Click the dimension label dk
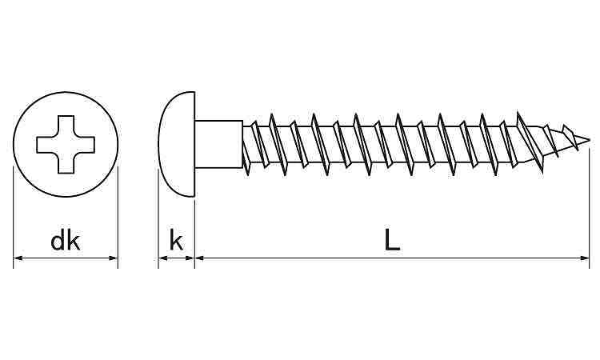pos(66,241)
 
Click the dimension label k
pos(176,241)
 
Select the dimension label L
pos(392,240)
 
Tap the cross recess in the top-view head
pos(66,145)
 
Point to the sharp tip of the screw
pos(589,139)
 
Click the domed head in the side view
pos(177,144)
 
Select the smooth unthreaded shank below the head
pos(218,144)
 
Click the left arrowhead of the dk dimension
pos(18,258)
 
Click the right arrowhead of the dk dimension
pos(114,258)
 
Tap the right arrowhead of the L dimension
pos(585,258)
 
